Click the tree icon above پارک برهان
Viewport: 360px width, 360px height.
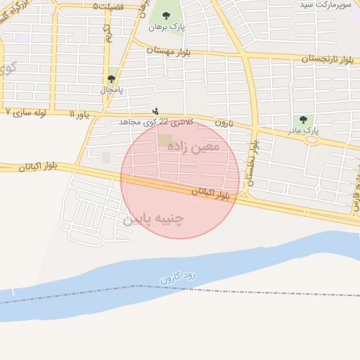[166, 15]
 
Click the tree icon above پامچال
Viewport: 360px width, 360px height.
[111, 79]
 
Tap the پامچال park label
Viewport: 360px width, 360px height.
[112, 90]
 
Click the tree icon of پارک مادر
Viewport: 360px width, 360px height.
[303, 120]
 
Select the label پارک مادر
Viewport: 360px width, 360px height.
[307, 131]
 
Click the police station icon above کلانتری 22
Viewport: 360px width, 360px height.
[155, 111]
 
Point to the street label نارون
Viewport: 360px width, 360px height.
[224, 122]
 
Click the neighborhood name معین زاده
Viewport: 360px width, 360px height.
[193, 146]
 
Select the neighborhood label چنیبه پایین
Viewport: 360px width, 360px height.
[153, 219]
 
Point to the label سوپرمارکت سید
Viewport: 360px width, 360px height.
[326, 5]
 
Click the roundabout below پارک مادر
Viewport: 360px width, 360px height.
[311, 140]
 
